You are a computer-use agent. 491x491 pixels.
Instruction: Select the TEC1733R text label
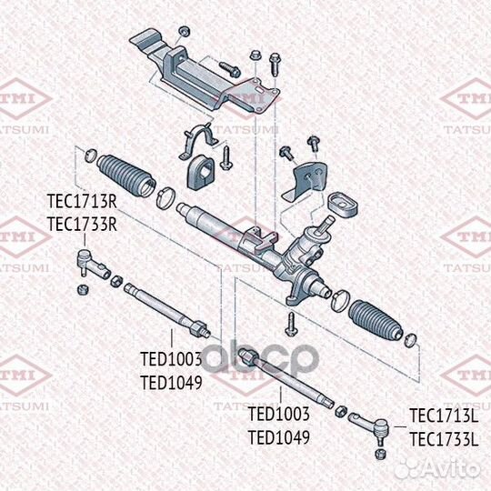(x=82, y=224)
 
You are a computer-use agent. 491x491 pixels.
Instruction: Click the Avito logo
(x=446, y=466)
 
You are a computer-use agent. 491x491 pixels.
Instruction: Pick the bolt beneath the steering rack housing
(x=290, y=319)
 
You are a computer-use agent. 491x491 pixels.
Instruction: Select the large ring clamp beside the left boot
(x=167, y=195)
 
